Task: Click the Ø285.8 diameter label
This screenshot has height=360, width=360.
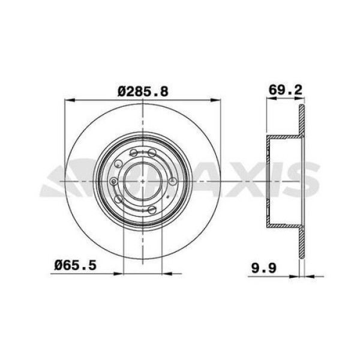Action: [x=142, y=92]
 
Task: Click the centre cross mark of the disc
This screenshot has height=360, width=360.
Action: [x=142, y=181]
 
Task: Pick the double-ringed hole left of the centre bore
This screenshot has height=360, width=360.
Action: [x=114, y=181]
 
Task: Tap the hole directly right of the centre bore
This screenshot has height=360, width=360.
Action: [x=173, y=181]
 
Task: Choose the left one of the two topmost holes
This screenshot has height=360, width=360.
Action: [x=133, y=152]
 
